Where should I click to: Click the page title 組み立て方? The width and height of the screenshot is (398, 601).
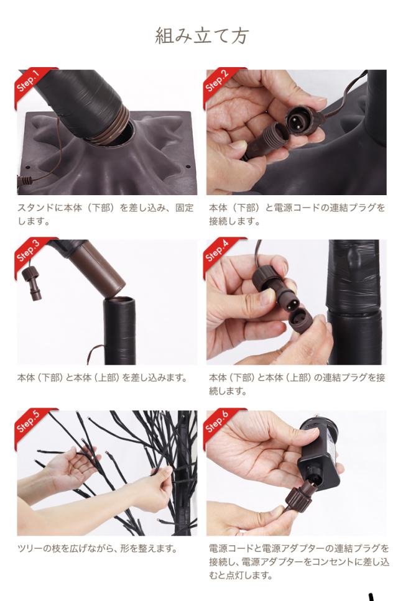pyautogui.click(x=201, y=36)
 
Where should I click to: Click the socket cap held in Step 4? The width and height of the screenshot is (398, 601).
pyautogui.click(x=302, y=321)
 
